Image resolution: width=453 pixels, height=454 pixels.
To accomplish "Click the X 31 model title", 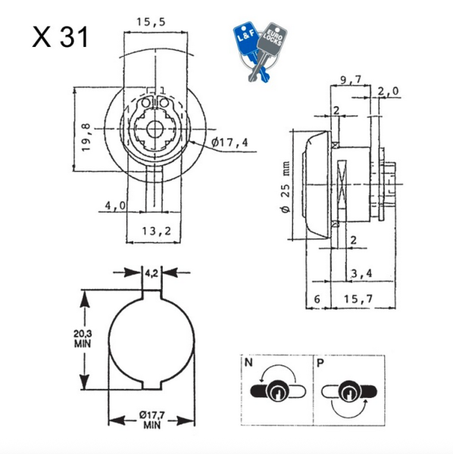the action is [x=60, y=37].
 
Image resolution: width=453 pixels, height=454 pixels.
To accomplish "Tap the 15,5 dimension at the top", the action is [x=151, y=22].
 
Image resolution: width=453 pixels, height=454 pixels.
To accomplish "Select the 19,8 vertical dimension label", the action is [x=86, y=137].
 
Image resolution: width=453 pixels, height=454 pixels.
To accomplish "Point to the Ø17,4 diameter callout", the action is [x=230, y=142].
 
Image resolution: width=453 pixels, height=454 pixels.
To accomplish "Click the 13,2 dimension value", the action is [x=157, y=231].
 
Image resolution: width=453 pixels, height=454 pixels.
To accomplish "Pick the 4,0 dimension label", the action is [x=115, y=205].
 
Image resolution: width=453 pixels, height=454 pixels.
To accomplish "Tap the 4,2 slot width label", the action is [x=152, y=273].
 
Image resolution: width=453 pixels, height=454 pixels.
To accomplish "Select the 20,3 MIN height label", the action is [x=83, y=338].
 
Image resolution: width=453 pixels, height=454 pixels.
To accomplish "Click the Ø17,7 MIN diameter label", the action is [x=152, y=420].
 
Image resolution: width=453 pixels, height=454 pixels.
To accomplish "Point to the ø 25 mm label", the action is [x=286, y=187].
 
